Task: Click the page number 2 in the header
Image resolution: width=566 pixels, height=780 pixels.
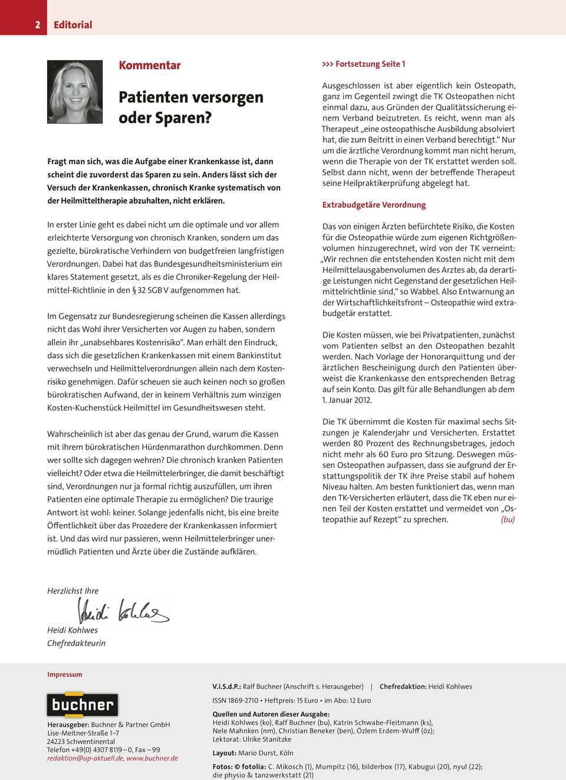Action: pyautogui.click(x=38, y=25)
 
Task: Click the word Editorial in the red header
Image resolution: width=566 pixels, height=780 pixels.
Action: pyautogui.click(x=73, y=25)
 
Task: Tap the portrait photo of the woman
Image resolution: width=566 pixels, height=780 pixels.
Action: pyautogui.click(x=75, y=92)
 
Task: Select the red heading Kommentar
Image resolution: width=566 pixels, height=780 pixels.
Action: pyautogui.click(x=150, y=65)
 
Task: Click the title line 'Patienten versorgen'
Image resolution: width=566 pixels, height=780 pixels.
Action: pyautogui.click(x=191, y=97)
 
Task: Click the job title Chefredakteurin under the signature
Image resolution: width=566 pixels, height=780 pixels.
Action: pyautogui.click(x=76, y=643)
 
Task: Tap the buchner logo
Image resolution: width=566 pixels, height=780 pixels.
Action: pyautogui.click(x=82, y=704)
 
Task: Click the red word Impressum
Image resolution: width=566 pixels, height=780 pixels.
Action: pyautogui.click(x=65, y=674)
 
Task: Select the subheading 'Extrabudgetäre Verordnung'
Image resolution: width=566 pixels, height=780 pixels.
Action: pyautogui.click(x=374, y=205)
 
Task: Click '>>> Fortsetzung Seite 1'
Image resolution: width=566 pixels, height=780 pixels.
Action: pyautogui.click(x=364, y=64)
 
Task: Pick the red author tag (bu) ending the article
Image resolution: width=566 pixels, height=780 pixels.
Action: pyautogui.click(x=508, y=519)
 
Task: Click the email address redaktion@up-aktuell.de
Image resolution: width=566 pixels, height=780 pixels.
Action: pyautogui.click(x=85, y=758)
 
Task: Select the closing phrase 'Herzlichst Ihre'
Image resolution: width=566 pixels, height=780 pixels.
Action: pyautogui.click(x=73, y=591)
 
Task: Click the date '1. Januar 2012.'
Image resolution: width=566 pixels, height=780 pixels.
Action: pyautogui.click(x=347, y=400)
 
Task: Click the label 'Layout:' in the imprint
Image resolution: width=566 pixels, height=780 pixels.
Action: pyautogui.click(x=224, y=753)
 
